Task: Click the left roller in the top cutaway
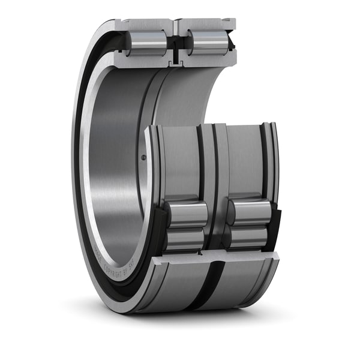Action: [x=146, y=43]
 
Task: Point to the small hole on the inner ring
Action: [x=143, y=158]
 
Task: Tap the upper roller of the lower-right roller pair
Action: [x=248, y=212]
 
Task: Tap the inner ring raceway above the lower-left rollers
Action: [x=180, y=162]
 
